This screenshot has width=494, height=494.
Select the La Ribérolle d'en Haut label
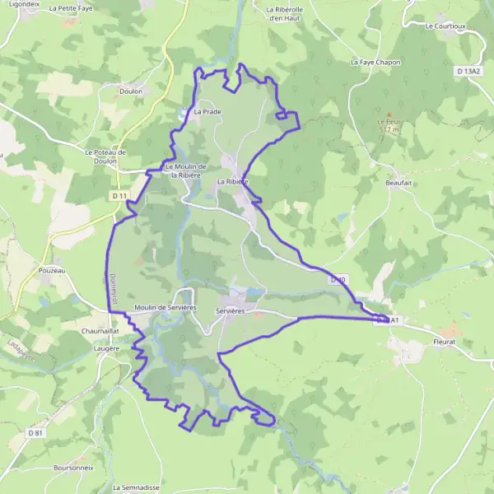286,13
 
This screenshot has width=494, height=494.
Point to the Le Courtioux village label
445,26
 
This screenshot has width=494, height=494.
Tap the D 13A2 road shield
467,72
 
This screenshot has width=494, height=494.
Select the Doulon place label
131,91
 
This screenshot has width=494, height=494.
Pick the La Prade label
207,111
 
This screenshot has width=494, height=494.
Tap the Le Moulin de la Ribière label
185,170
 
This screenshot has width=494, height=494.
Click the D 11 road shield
119,196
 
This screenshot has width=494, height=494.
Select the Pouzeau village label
51,269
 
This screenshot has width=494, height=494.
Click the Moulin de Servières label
165,307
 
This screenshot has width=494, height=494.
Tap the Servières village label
231,311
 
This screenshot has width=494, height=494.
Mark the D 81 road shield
35,433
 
